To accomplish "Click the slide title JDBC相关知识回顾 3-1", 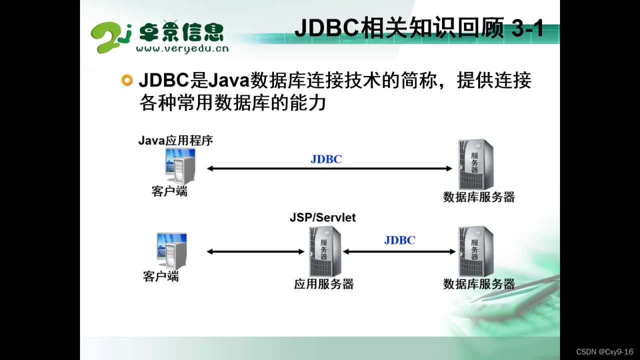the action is pos(419,27).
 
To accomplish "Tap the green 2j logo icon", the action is pos(111,37).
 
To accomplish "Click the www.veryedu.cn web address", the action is pos(182,48).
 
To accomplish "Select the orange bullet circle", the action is pos(127,80).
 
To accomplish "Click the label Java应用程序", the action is pos(175,140).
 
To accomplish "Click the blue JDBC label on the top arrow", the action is pos(326,159).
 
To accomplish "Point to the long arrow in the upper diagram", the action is pos(329,168).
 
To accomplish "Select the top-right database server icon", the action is pos(475,164).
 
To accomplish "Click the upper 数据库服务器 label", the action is pos(479,197).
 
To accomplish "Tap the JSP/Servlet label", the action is pos(322,217).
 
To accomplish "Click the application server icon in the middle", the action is pos(325,251).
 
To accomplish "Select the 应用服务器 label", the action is pos(323,284).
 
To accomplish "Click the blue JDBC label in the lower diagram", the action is pos(399,240).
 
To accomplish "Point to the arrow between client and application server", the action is pos(255,251).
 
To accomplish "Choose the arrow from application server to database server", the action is pos(399,251).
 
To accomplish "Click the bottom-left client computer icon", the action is pos(171,251).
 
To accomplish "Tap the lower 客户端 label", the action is pos(161,276).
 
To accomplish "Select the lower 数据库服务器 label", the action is pos(479,284).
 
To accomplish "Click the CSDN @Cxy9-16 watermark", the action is pos(604,351).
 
